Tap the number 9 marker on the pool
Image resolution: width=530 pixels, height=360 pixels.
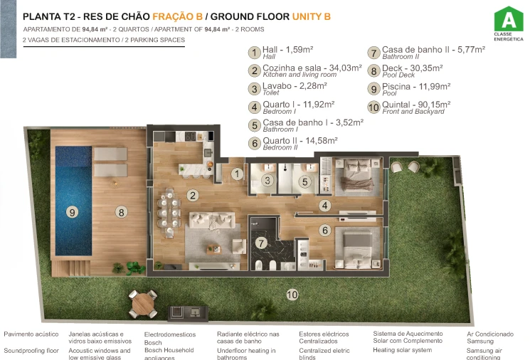(72, 211)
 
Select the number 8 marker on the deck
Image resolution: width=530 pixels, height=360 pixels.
(122, 211)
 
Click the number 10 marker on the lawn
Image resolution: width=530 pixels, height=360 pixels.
(292, 293)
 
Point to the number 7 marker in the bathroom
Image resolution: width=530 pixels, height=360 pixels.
(261, 243)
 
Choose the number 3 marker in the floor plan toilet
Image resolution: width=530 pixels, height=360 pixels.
(267, 181)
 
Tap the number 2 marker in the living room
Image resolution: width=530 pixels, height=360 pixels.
(192, 195)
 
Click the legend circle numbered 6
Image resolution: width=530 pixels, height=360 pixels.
(254, 143)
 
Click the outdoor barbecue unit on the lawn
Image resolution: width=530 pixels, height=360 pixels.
(184, 312)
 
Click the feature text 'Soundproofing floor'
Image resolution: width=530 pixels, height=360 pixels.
(31, 350)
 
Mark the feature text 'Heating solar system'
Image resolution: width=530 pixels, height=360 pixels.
(403, 350)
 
